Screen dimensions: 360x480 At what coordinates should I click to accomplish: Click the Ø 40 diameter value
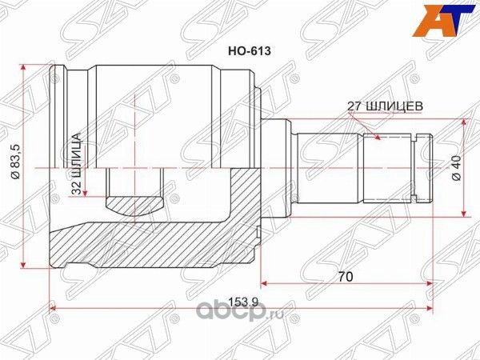point(456,168)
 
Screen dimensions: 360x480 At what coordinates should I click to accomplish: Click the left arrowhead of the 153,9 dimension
point(54,307)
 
